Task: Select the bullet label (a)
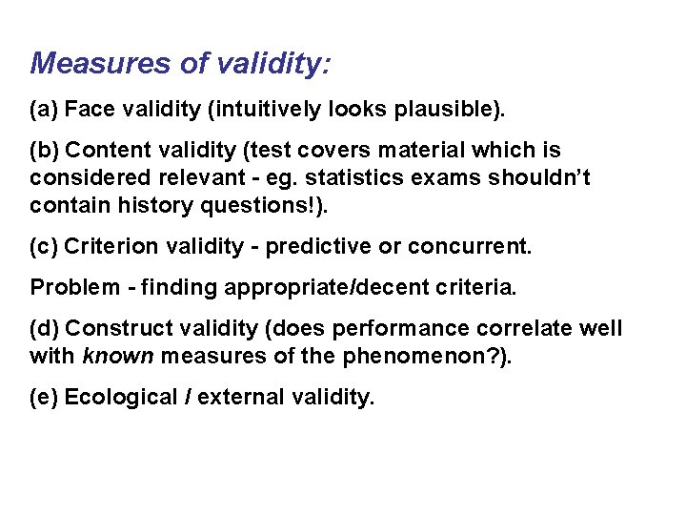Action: pos(45,110)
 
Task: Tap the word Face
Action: pos(91,110)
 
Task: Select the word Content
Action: pos(104,151)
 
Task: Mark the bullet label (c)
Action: pos(45,246)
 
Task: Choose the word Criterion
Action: pos(109,246)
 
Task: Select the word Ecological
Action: pos(119,397)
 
